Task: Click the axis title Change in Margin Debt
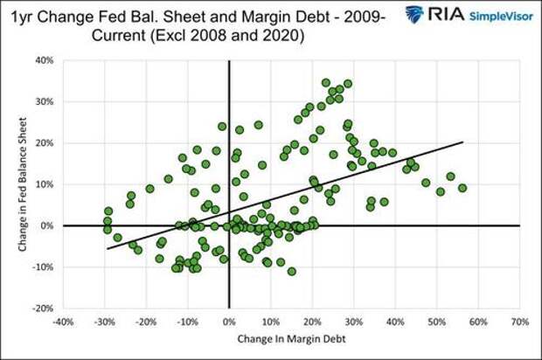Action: (290, 341)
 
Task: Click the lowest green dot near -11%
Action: (292, 271)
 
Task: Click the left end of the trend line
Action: (108, 249)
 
